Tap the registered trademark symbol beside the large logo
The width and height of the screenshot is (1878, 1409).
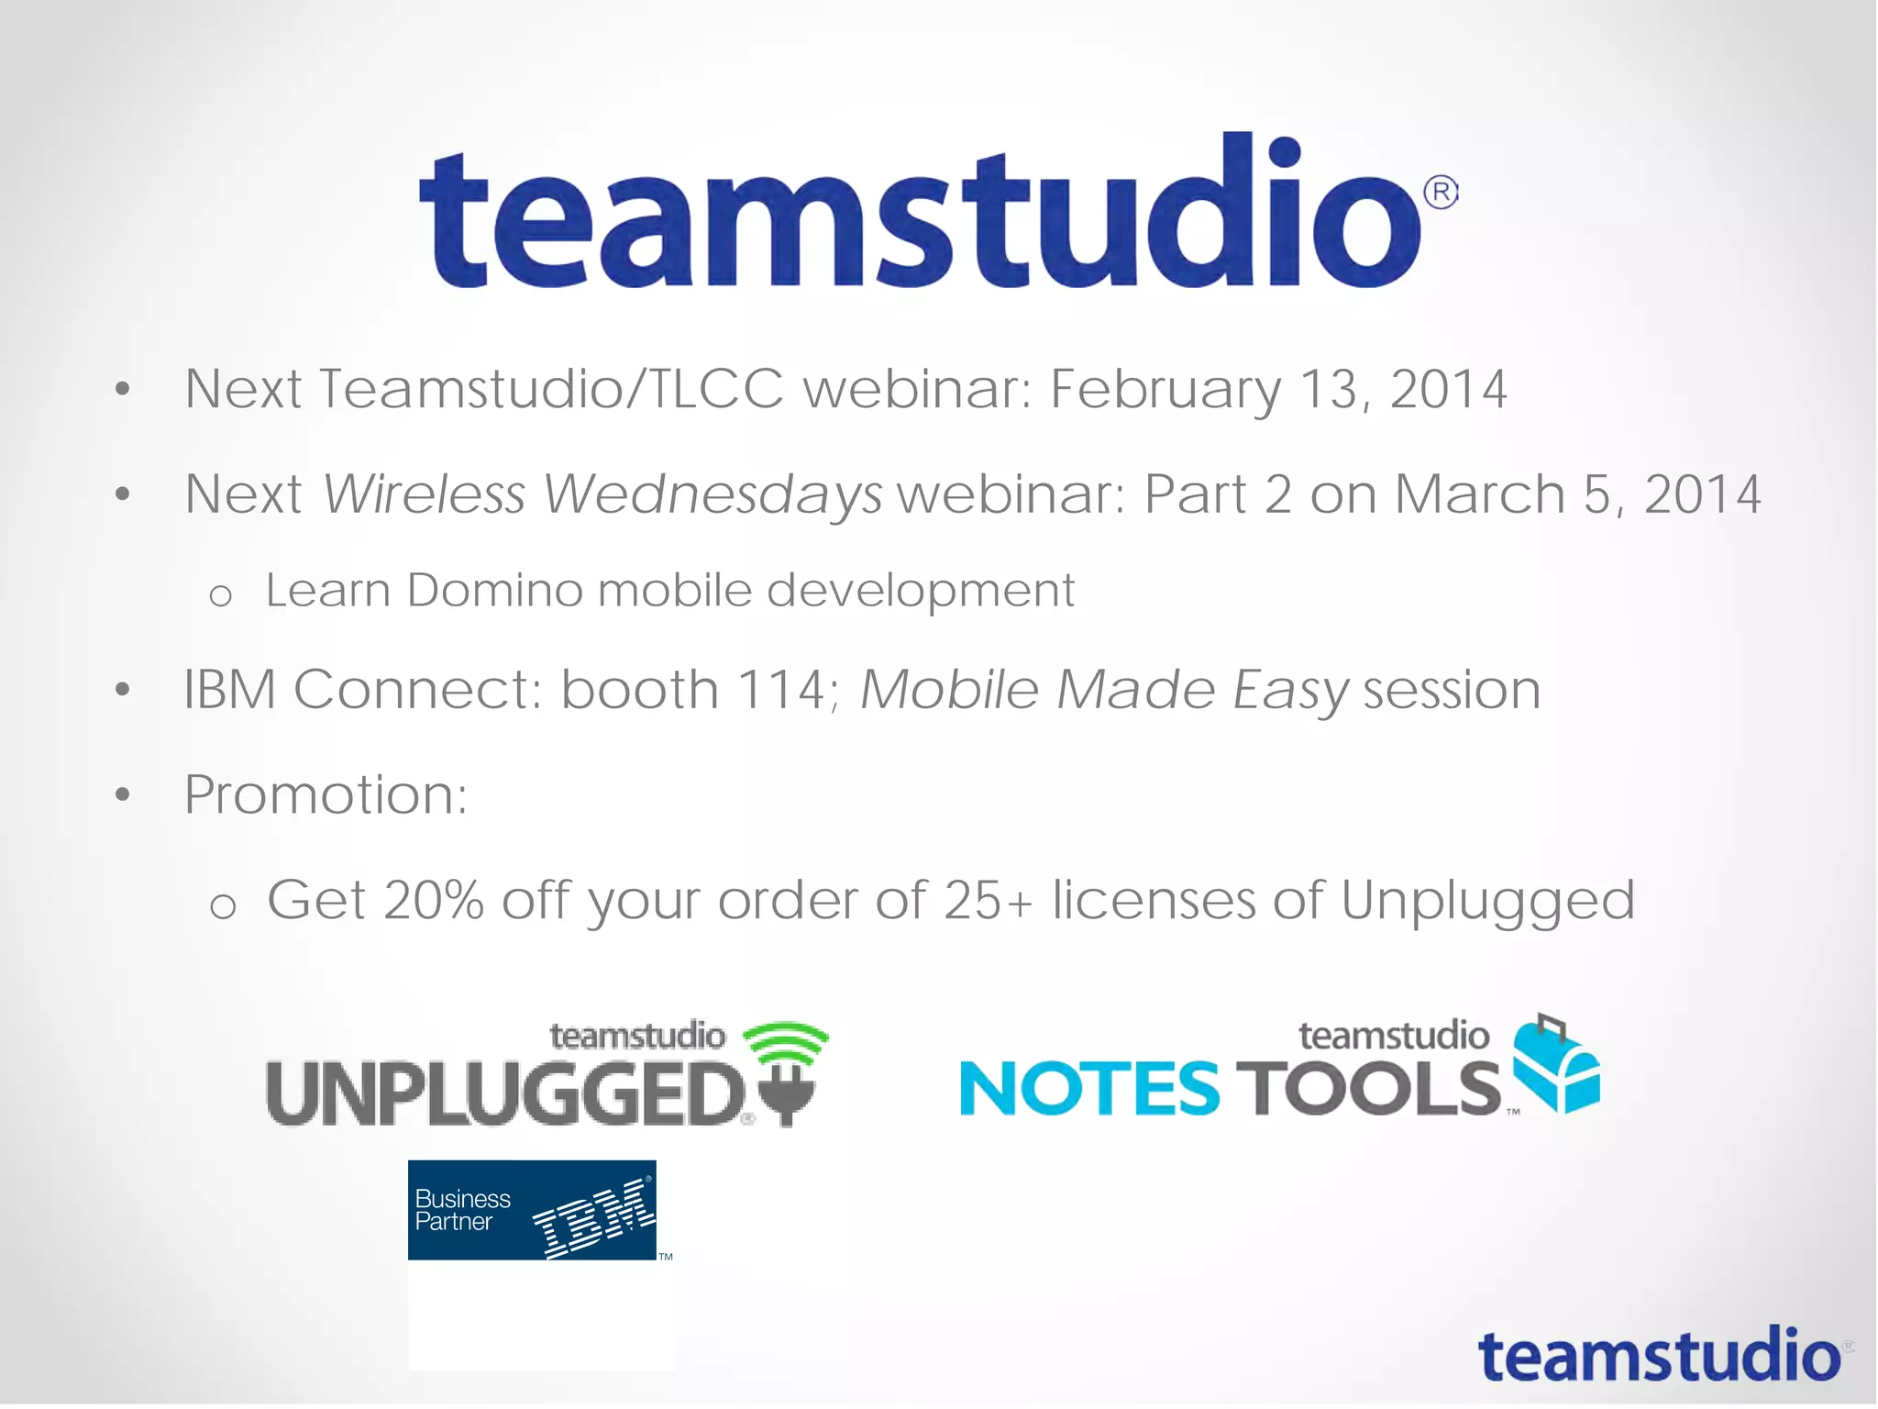click(1441, 193)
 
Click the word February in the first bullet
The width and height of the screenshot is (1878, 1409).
click(1165, 389)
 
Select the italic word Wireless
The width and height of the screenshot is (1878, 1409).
click(424, 494)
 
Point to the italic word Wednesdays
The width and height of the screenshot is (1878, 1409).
click(713, 496)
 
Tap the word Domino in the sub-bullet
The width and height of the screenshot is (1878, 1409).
click(494, 590)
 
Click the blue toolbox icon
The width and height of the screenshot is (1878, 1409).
click(1556, 1064)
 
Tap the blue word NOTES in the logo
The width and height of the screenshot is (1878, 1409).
click(1089, 1089)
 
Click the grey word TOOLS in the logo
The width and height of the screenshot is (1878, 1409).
click(1367, 1089)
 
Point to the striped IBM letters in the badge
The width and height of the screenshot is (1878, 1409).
click(594, 1219)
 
